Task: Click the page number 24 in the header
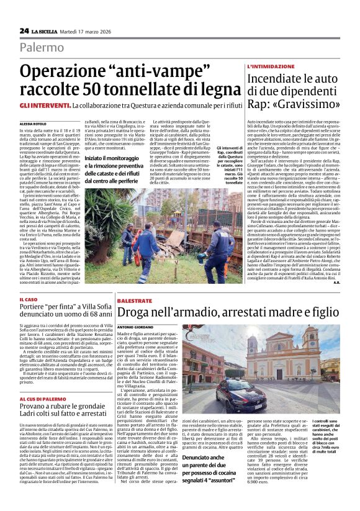click(x=24, y=30)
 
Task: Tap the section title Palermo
click(x=42, y=47)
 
